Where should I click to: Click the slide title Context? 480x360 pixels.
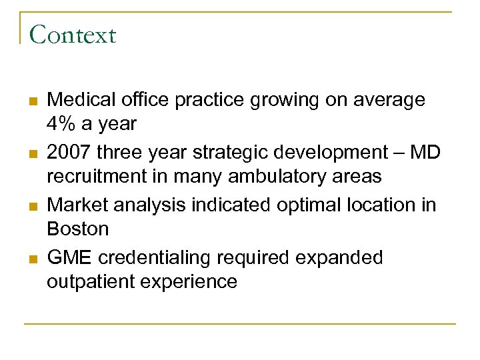click(73, 35)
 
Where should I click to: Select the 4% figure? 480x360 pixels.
click(62, 124)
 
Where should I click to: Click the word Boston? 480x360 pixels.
click(77, 229)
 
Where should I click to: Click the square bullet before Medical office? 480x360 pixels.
click(32, 101)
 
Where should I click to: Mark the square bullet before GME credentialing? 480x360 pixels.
click(32, 259)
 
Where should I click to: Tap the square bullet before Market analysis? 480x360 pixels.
click(32, 206)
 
